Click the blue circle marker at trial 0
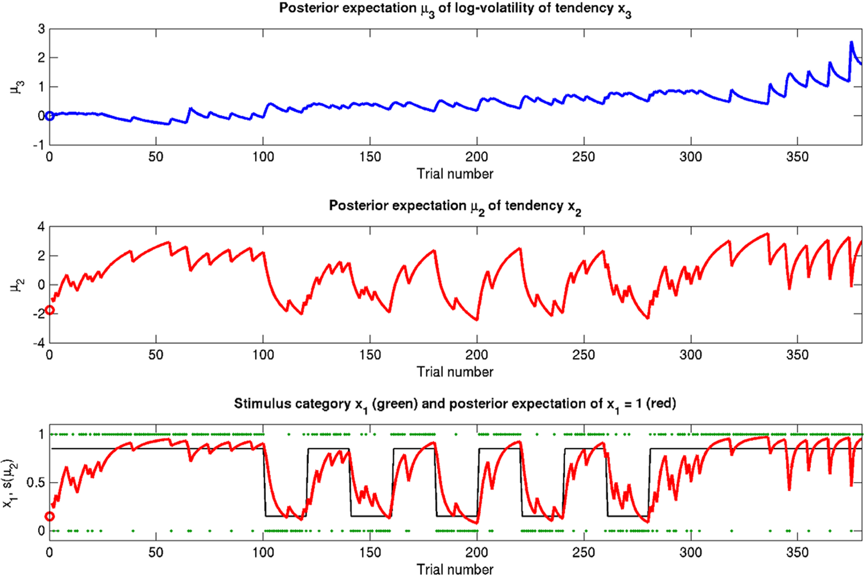[x=49, y=116]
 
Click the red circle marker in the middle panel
[x=49, y=310]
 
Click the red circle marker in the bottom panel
[x=49, y=516]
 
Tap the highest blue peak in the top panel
[x=851, y=43]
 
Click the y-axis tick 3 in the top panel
[x=41, y=29]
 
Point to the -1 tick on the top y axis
[x=39, y=145]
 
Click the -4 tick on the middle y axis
[x=39, y=343]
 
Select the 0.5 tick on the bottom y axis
[x=36, y=483]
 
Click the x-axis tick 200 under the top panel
[x=476, y=157]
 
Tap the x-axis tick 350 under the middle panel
[x=797, y=355]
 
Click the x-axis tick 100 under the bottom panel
[x=263, y=553]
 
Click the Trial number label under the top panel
[x=454, y=174]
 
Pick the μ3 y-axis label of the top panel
[x=17, y=87]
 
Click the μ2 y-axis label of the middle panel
[x=17, y=285]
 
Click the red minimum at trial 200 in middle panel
[x=477, y=320]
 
